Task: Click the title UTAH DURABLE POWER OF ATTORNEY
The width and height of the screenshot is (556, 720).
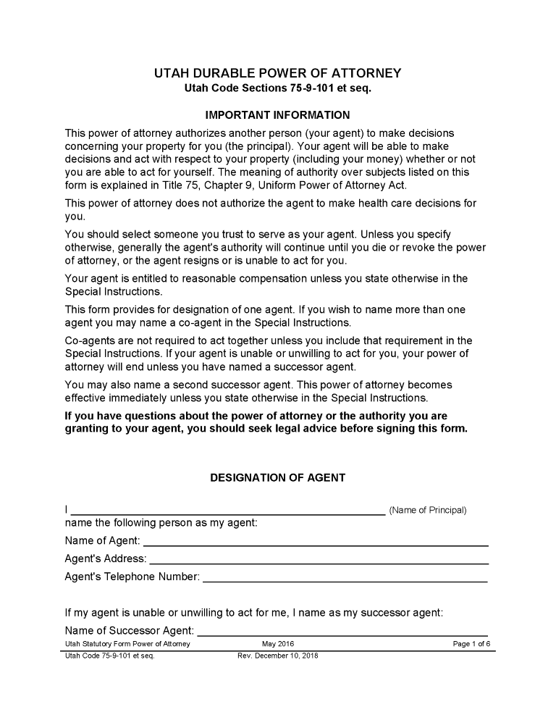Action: click(278, 74)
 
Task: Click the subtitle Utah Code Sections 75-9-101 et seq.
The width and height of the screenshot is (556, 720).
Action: click(278, 88)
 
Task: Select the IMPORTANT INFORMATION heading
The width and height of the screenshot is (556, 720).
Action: click(278, 115)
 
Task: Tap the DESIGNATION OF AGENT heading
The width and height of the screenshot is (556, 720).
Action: click(278, 478)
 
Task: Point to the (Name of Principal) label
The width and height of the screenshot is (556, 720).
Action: click(428, 510)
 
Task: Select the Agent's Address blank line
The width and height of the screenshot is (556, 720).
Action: click(319, 558)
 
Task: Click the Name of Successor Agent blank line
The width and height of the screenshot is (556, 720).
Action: click(342, 630)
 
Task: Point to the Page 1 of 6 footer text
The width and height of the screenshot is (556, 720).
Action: click(471, 644)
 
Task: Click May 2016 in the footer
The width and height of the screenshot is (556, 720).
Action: click(278, 644)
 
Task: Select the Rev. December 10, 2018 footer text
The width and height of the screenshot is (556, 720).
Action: click(278, 656)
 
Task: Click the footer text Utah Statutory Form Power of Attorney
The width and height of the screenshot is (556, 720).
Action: click(127, 644)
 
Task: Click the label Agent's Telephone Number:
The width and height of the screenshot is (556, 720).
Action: click(132, 577)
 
